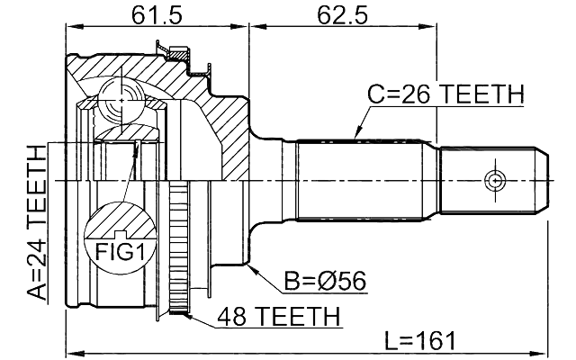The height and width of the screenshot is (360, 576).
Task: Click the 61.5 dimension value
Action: click(x=151, y=14)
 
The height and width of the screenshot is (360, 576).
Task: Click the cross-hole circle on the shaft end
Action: click(x=493, y=181)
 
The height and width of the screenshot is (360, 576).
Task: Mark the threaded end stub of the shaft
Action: click(x=493, y=181)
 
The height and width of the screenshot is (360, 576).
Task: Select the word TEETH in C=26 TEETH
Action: click(x=478, y=94)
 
